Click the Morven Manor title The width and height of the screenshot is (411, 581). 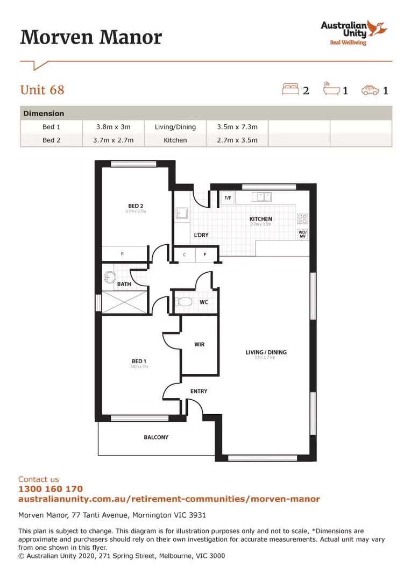[91, 38]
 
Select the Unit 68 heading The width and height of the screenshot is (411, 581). [42, 89]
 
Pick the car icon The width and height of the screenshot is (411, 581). [370, 90]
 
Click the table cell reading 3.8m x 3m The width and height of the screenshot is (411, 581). [113, 127]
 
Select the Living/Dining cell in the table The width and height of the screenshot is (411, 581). [175, 127]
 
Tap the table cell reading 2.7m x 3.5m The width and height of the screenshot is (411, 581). [237, 140]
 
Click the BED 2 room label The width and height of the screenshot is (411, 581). [135, 206]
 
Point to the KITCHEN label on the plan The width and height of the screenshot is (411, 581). [260, 219]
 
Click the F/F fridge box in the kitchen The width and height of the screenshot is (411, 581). [227, 199]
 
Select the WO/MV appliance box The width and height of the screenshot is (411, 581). [302, 234]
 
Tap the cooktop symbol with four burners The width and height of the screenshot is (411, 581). [302, 219]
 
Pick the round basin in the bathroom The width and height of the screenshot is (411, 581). [109, 277]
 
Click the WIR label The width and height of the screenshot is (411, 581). [199, 344]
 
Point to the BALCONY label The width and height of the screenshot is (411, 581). [156, 437]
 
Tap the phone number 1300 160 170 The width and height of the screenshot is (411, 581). [51, 489]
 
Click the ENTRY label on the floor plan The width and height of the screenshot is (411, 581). [199, 391]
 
